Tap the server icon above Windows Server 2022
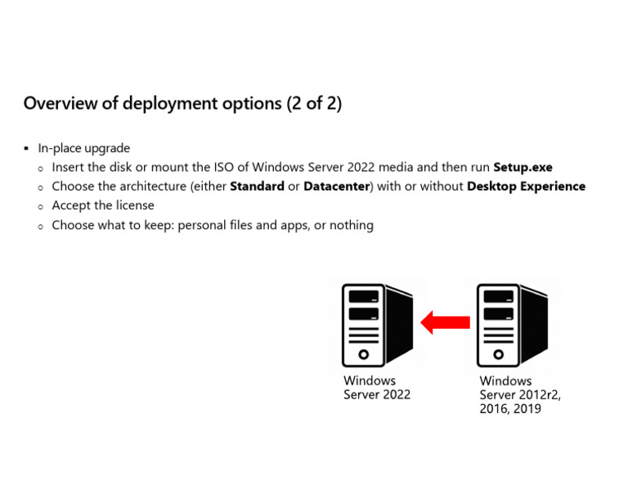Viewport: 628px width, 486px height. [x=377, y=324]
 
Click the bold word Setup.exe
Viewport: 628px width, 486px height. [x=523, y=168]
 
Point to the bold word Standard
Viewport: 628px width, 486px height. [x=257, y=187]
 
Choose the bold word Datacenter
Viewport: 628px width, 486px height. [x=336, y=187]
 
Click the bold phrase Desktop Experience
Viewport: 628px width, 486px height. [x=526, y=187]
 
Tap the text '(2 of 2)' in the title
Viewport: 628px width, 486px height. [x=314, y=104]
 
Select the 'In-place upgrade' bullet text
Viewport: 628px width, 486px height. [x=84, y=149]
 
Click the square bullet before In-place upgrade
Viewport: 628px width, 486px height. [x=26, y=149]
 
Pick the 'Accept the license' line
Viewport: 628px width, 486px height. [x=103, y=205]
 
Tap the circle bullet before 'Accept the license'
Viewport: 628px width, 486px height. [x=41, y=206]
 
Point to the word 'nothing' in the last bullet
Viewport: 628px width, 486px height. [x=351, y=225]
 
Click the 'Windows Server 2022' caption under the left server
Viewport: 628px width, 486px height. [x=376, y=388]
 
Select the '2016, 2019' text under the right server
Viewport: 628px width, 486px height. [x=510, y=408]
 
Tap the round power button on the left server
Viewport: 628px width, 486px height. [x=364, y=354]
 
